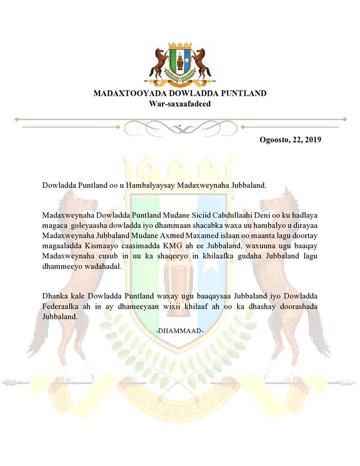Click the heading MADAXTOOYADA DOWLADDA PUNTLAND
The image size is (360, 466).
180,93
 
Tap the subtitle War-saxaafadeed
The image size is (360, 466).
180,103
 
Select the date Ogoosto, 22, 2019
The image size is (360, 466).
291,139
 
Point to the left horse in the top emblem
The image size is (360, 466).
159,64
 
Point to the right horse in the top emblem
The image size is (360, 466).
200,64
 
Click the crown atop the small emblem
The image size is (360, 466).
180,46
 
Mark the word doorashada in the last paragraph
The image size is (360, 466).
300,306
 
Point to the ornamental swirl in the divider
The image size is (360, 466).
180,127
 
